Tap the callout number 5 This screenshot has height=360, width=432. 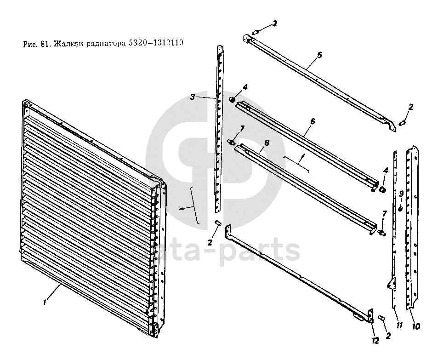tap(319, 55)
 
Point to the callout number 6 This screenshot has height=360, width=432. tap(313, 121)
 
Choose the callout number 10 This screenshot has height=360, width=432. tap(416, 327)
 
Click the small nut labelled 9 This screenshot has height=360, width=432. tap(401, 209)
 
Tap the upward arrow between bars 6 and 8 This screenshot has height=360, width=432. tap(301, 160)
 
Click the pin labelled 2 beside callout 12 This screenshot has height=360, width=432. tap(381, 318)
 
